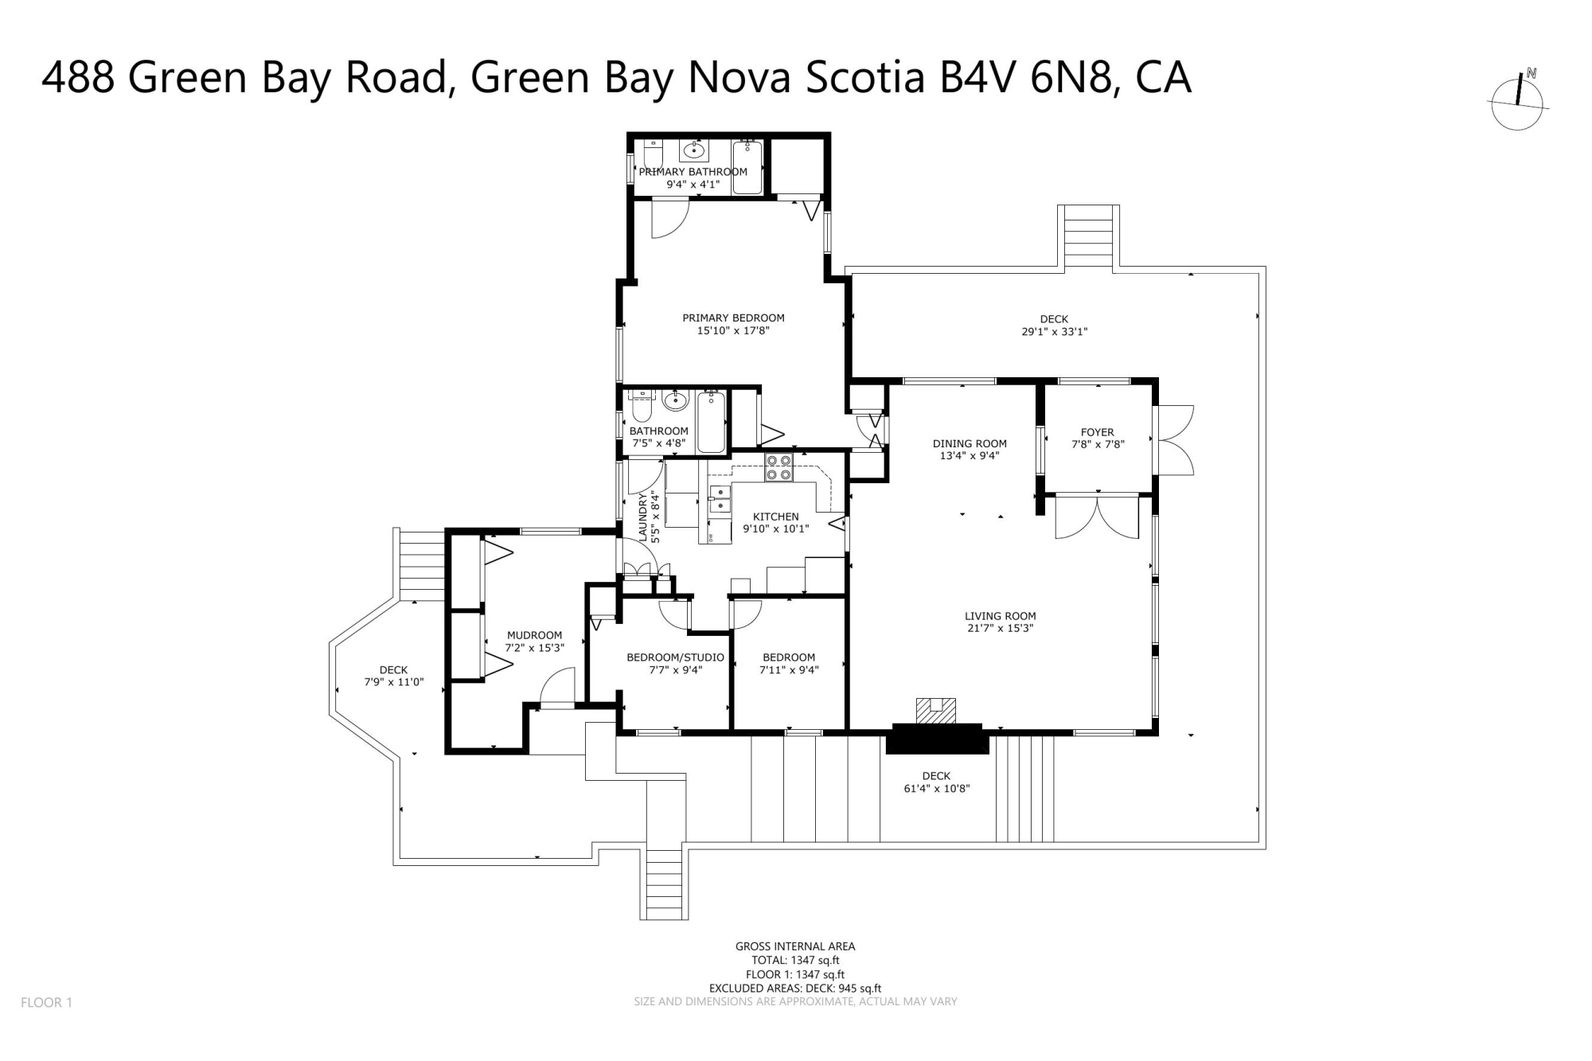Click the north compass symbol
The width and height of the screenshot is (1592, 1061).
tap(1518, 101)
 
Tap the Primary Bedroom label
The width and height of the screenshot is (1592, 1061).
tap(733, 318)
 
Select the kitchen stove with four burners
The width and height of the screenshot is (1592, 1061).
tap(778, 467)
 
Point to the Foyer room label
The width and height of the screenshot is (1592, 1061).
tap(1098, 432)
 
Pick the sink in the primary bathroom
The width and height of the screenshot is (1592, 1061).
tap(694, 150)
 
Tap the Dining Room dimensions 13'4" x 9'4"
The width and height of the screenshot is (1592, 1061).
tap(970, 456)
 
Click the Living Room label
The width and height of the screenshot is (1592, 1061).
tap(1001, 615)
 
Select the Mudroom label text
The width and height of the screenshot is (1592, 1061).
tap(534, 635)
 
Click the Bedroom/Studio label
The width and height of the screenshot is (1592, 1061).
tap(675, 657)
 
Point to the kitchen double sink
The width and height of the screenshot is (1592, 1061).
tap(720, 498)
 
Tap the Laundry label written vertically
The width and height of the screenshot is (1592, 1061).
tap(643, 517)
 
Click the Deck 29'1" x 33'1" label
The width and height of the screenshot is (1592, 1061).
tap(1054, 325)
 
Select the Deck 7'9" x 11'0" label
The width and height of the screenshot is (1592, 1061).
tap(393, 676)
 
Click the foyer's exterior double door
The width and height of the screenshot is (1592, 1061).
tap(1173, 439)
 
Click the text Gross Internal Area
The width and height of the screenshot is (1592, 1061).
tap(795, 946)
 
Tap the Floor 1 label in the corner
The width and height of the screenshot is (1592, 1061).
tap(46, 1003)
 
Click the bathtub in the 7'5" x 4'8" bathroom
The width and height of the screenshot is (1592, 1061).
tap(712, 422)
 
